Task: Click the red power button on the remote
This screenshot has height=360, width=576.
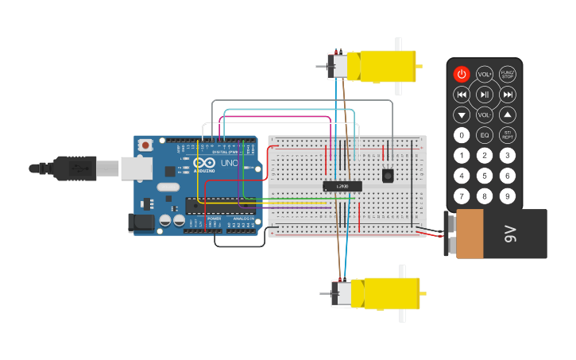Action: coord(462,74)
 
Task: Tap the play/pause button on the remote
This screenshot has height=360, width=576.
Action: coord(485,95)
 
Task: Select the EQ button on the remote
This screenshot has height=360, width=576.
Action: coord(485,135)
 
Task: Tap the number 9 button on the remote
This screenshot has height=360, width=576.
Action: coord(507,195)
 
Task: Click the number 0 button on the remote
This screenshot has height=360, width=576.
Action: coord(462,135)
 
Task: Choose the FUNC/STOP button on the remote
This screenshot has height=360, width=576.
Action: coord(507,74)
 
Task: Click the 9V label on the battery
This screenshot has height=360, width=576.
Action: coord(511,234)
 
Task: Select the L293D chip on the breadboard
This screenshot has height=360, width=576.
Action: coord(342,186)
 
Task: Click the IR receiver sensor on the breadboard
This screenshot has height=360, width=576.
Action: coord(388,175)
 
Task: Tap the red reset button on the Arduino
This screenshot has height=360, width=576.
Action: coord(145,145)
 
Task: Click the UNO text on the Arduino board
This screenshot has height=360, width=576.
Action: coord(229,163)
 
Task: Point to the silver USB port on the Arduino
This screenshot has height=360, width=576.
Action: coord(136,168)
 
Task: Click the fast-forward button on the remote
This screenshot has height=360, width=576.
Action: coord(508,95)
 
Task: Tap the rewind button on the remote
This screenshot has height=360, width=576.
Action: coord(462,95)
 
